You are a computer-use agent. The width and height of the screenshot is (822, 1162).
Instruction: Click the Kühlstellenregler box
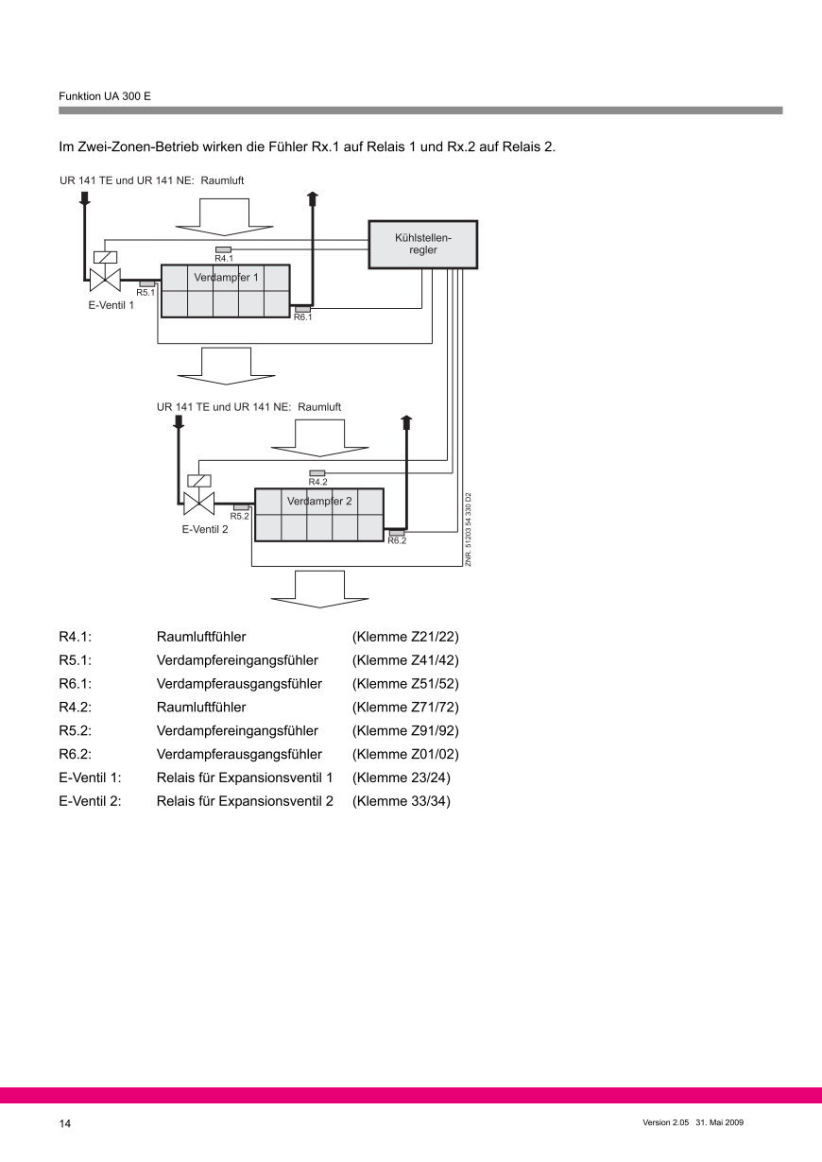[x=422, y=245]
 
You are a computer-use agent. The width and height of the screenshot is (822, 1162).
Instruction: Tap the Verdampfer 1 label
[x=226, y=278]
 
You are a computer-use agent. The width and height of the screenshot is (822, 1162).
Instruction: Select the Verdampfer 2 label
[x=319, y=502]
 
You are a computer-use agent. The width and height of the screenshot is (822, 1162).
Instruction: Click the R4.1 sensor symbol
[x=224, y=249]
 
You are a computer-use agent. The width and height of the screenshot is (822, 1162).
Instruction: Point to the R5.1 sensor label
[x=146, y=293]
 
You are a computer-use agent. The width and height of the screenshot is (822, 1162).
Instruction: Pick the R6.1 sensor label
[x=302, y=317]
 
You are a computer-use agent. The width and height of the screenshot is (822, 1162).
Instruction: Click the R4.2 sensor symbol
[x=317, y=472]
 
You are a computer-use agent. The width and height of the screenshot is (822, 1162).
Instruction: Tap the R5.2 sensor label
[x=239, y=516]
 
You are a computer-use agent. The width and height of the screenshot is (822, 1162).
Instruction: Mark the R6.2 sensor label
[x=397, y=541]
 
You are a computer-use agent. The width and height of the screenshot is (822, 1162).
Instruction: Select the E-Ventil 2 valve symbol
[x=198, y=502]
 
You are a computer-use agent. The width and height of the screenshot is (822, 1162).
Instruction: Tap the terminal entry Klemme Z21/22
[x=405, y=637]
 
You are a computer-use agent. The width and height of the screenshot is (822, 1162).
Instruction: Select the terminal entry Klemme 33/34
[x=402, y=801]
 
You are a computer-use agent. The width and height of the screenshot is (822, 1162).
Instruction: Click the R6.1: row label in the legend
[x=75, y=683]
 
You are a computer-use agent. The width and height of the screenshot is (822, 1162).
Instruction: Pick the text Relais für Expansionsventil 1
[x=245, y=778]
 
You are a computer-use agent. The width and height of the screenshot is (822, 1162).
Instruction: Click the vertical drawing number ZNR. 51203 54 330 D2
[x=469, y=529]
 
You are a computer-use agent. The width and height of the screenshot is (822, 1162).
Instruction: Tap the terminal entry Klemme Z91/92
[x=405, y=730]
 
